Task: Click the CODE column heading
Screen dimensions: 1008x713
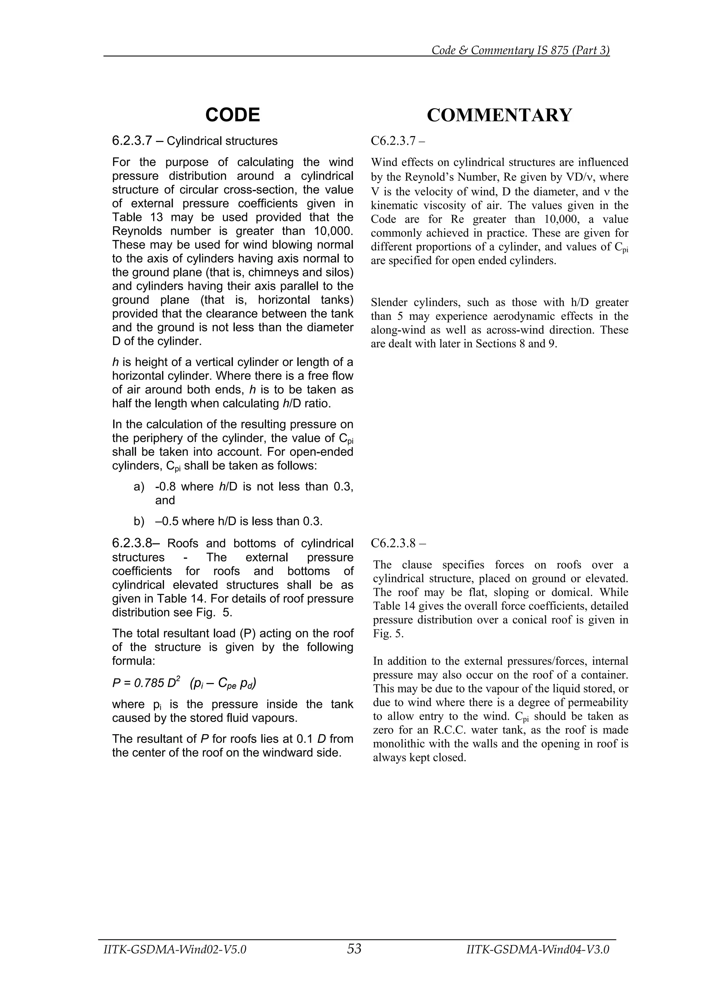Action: coord(233,115)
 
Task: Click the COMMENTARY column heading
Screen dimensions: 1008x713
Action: coord(500,115)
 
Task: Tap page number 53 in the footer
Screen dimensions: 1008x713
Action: coord(354,949)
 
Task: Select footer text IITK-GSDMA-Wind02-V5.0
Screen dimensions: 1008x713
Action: coord(175,950)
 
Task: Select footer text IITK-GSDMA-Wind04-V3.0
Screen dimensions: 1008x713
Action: coord(538,950)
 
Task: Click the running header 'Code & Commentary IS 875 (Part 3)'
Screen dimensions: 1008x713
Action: coord(520,50)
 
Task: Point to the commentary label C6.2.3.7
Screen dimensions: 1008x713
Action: coord(393,141)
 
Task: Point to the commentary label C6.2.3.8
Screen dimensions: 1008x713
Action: coord(393,543)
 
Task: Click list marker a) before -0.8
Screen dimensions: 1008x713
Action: coord(139,486)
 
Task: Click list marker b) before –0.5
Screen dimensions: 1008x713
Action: coord(139,521)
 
